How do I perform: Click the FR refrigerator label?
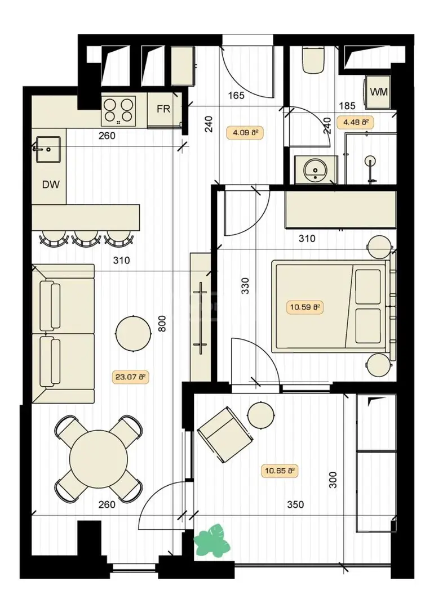click(x=163, y=109)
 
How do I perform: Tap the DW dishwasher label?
click(x=51, y=184)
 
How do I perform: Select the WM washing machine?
click(x=378, y=92)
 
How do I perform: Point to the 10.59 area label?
click(x=305, y=307)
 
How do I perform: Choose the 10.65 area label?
click(x=280, y=471)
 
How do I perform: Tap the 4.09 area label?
click(x=245, y=132)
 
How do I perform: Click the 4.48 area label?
click(x=356, y=122)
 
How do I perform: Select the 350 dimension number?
click(x=295, y=505)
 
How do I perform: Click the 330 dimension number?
click(x=245, y=286)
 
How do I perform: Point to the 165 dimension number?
click(x=236, y=95)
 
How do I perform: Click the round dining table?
click(x=99, y=459)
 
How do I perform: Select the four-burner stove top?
click(x=118, y=111)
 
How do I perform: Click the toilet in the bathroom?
click(x=314, y=59)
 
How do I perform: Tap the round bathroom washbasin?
click(x=316, y=169)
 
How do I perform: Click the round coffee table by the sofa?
click(x=134, y=333)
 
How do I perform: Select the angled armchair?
click(x=224, y=435)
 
